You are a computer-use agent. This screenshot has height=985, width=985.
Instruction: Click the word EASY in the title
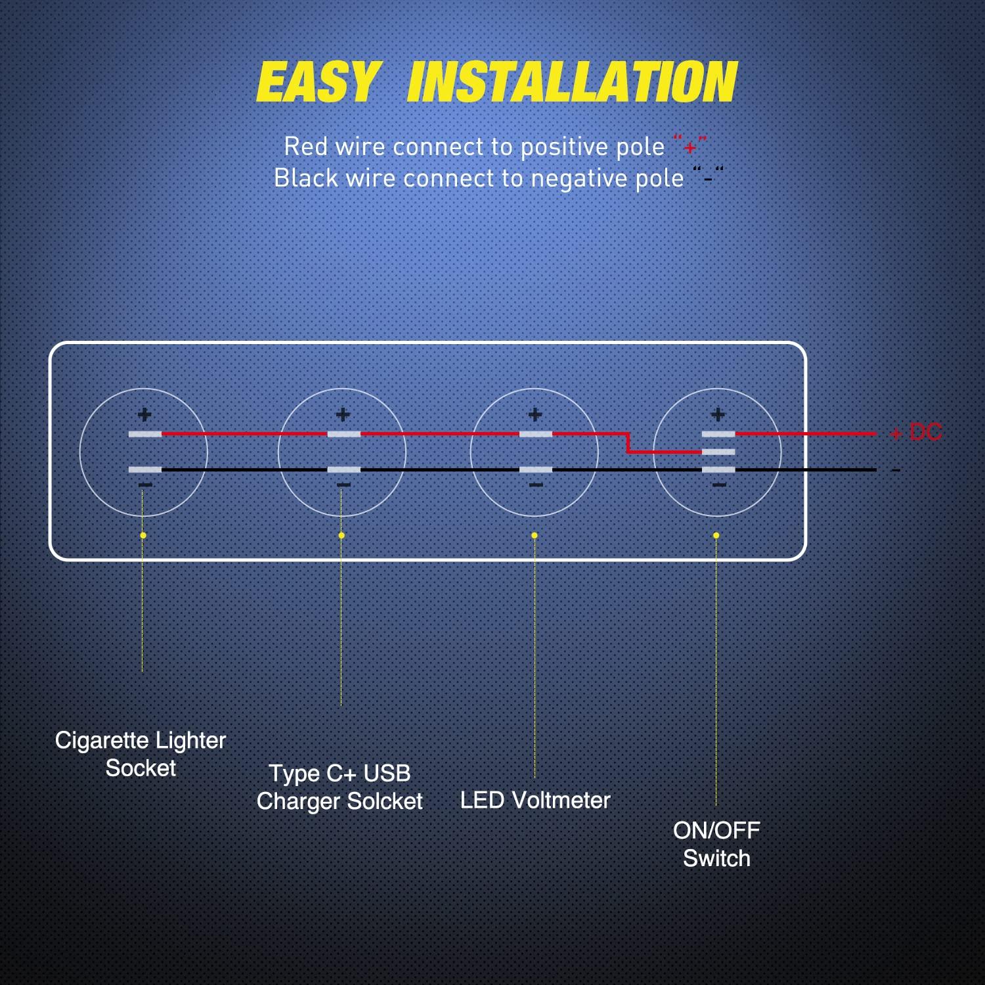pyautogui.click(x=318, y=82)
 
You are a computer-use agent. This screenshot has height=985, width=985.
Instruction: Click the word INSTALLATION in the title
pyautogui.click(x=572, y=82)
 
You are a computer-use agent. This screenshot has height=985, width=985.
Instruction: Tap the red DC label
pyautogui.click(x=925, y=432)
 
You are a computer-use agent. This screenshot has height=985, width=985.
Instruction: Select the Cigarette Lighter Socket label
pyautogui.click(x=141, y=754)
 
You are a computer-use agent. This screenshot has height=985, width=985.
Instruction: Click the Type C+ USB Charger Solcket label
pyautogui.click(x=339, y=787)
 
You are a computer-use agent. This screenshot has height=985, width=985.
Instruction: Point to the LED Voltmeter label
pyautogui.click(x=535, y=800)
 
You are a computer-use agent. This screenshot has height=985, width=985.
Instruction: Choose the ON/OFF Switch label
pyautogui.click(x=716, y=844)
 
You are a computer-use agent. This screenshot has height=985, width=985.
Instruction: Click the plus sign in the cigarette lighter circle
pyautogui.click(x=144, y=414)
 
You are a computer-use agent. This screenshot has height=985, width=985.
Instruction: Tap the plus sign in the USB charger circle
pyautogui.click(x=343, y=414)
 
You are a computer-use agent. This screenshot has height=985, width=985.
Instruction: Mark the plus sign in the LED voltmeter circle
pyautogui.click(x=535, y=414)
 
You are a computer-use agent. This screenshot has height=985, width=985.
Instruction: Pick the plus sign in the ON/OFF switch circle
pyautogui.click(x=718, y=414)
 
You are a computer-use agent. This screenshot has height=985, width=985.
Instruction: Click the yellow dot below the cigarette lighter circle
pyautogui.click(x=143, y=536)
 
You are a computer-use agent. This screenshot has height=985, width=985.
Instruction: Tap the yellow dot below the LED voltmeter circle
pyautogui.click(x=535, y=536)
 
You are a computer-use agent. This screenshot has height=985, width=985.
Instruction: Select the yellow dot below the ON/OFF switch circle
pyautogui.click(x=716, y=536)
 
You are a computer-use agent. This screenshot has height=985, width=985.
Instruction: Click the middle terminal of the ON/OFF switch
pyautogui.click(x=718, y=452)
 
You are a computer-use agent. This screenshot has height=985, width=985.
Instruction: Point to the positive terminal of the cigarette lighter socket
pyautogui.click(x=145, y=434)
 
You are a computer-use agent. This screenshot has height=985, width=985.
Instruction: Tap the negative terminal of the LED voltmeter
pyautogui.click(x=536, y=470)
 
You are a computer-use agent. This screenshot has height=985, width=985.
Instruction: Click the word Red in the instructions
pyautogui.click(x=305, y=146)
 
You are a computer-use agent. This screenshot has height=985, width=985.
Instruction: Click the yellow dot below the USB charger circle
pyautogui.click(x=341, y=536)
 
